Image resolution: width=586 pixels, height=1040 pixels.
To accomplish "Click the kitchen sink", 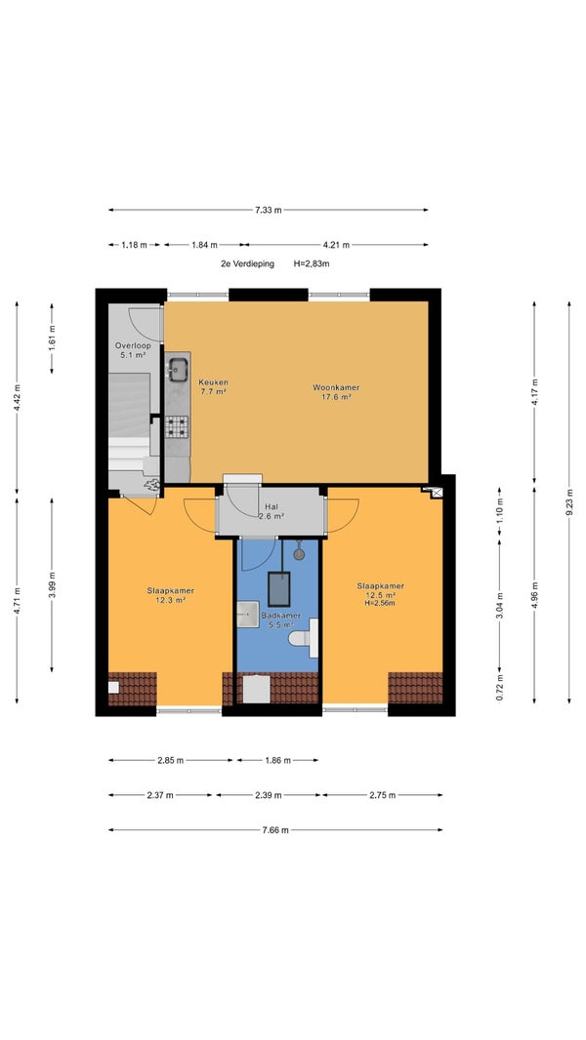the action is tap(177, 370).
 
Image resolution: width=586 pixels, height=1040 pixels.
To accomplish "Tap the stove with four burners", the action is tap(177, 427).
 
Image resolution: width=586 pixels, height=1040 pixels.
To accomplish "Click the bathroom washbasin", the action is tap(248, 615).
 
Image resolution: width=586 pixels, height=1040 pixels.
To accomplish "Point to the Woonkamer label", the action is tap(332, 387).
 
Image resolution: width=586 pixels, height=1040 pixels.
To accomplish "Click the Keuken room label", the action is tap(214, 382).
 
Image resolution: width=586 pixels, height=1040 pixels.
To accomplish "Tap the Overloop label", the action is tap(133, 345).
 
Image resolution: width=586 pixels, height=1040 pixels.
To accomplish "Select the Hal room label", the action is tap(271, 506).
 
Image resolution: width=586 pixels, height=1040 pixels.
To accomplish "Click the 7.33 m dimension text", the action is tap(269, 211).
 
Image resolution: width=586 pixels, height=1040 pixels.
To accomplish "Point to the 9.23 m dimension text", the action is tap(568, 502).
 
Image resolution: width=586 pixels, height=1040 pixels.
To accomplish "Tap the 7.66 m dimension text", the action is tap(275, 829).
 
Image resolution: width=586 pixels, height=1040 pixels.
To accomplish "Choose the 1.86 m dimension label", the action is tap(277, 760).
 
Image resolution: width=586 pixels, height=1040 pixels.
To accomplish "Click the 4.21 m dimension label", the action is tap(337, 245).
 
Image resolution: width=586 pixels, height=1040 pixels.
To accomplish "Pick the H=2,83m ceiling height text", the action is tap(312, 263).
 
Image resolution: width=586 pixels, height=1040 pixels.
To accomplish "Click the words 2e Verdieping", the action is tap(247, 263).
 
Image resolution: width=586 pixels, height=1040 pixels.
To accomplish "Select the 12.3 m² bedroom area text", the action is tap(171, 599).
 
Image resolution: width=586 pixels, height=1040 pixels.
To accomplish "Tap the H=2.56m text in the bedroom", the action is tap(380, 603).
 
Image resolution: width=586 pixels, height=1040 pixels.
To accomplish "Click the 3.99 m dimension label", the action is tap(52, 585).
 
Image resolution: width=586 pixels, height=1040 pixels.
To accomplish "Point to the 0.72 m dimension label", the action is tap(500, 687).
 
